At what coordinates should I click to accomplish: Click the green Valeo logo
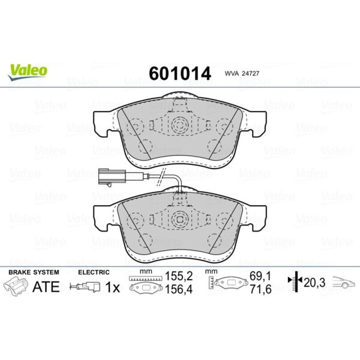click(28, 72)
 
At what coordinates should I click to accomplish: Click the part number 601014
click(180, 73)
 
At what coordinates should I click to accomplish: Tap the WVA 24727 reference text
click(242, 73)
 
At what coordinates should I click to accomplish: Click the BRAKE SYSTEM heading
click(34, 272)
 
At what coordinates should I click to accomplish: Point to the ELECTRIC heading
click(94, 272)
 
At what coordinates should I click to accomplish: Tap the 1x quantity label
click(112, 287)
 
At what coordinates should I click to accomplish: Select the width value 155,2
click(179, 276)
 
